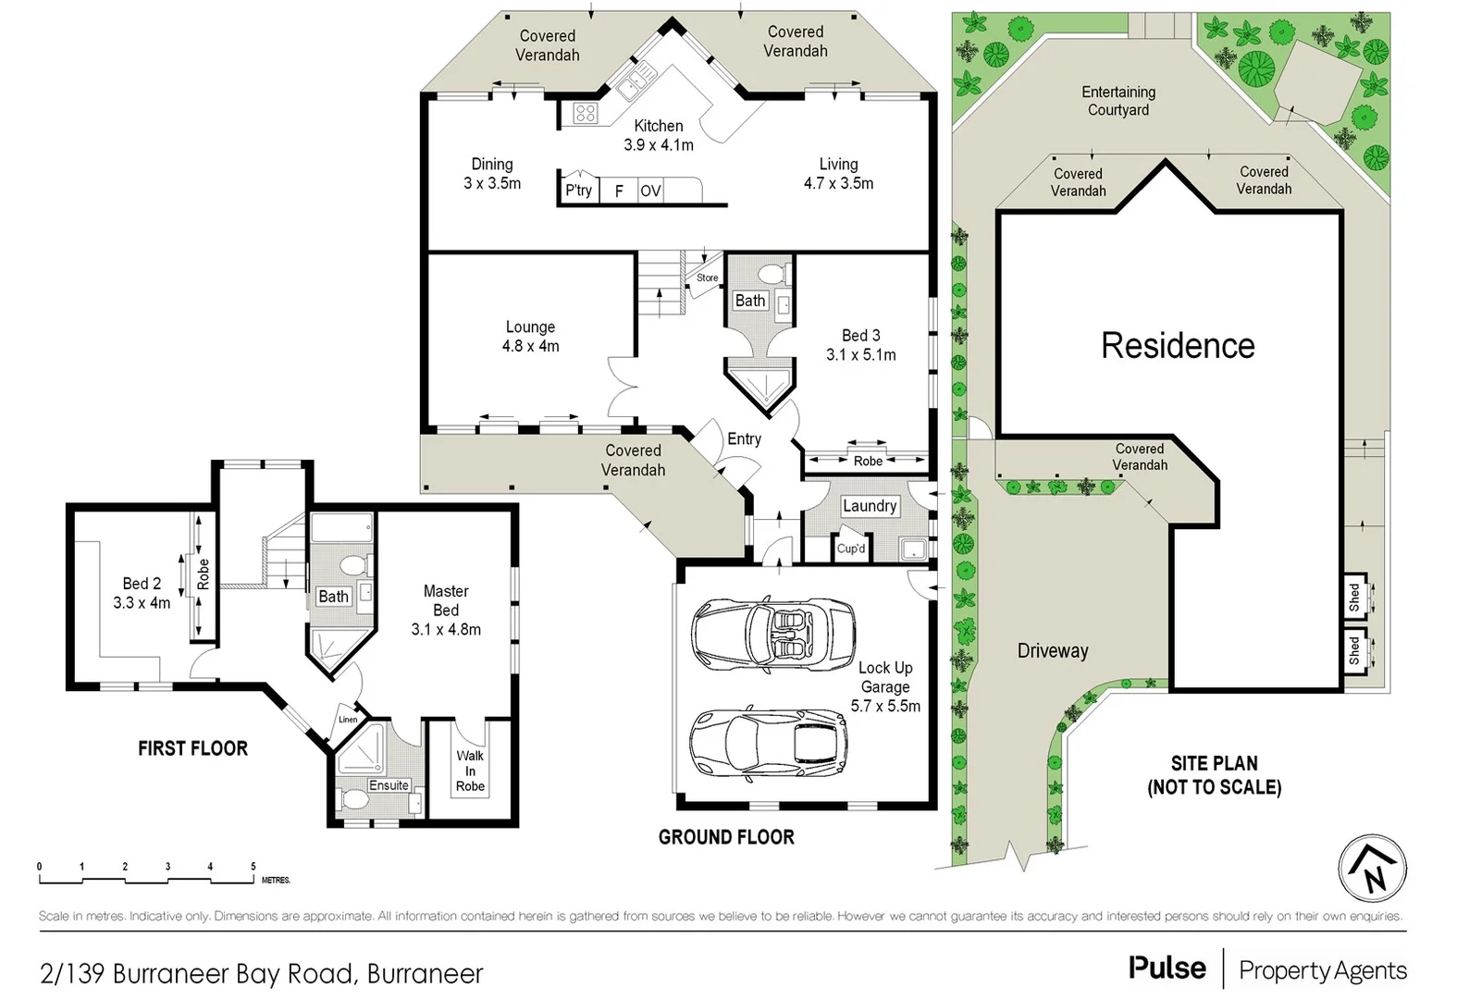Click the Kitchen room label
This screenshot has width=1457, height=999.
click(x=658, y=126)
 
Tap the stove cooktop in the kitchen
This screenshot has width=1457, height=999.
click(x=585, y=114)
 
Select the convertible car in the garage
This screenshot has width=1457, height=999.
click(x=773, y=631)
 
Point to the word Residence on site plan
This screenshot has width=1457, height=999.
click(x=1177, y=346)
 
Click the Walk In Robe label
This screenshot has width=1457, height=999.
click(x=470, y=771)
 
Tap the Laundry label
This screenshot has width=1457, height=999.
click(x=869, y=506)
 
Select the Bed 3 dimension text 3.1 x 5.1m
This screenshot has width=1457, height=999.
click(x=860, y=355)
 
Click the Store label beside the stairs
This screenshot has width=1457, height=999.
click(x=707, y=277)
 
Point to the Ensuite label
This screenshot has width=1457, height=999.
click(x=389, y=785)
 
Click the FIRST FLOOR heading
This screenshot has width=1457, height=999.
click(x=192, y=748)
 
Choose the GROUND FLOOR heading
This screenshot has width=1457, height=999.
click(x=726, y=837)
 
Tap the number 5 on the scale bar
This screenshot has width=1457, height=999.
click(x=253, y=867)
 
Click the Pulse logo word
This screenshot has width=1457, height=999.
click(x=1167, y=968)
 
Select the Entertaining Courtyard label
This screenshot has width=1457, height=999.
click(x=1118, y=101)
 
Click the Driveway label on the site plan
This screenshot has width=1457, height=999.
click(x=1052, y=651)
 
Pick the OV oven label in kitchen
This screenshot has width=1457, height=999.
click(x=650, y=191)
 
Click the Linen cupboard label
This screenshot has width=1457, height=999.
click(x=348, y=720)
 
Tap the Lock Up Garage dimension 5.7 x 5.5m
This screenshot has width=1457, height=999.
click(x=885, y=706)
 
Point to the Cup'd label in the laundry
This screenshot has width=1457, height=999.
click(x=850, y=548)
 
